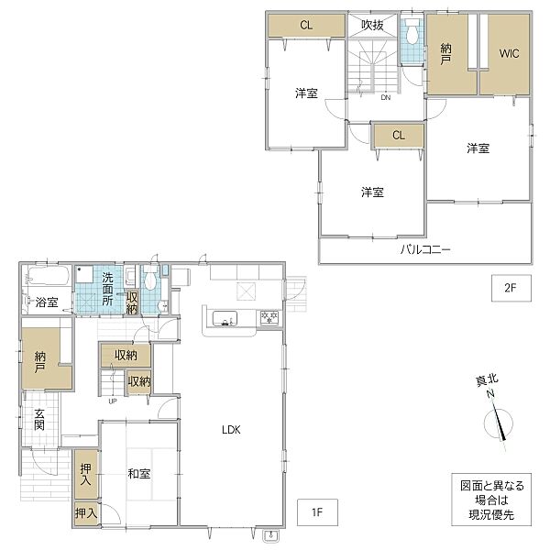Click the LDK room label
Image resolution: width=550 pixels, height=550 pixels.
231,430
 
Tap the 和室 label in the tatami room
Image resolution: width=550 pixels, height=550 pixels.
139,474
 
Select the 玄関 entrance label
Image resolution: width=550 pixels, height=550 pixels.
39,420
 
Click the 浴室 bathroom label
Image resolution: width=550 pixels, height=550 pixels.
47,302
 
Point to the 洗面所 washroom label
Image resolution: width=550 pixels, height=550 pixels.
107,289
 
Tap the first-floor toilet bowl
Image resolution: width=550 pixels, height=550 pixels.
150,277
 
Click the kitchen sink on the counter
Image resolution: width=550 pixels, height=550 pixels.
225,318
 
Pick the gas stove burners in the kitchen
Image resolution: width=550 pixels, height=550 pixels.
269,318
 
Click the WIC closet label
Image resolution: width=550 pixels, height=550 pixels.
509,54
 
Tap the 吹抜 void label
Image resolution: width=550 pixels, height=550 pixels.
372,26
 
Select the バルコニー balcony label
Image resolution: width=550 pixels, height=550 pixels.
425,249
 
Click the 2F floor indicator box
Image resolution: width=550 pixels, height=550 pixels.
511,288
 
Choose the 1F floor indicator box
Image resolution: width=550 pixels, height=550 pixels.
317,512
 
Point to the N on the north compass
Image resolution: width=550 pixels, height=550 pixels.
490,393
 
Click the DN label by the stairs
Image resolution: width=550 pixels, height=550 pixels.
386,97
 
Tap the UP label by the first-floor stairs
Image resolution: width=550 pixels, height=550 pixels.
113,401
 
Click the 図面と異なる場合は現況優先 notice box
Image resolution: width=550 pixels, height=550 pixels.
491,500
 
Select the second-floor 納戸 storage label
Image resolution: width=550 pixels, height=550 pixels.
446,54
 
